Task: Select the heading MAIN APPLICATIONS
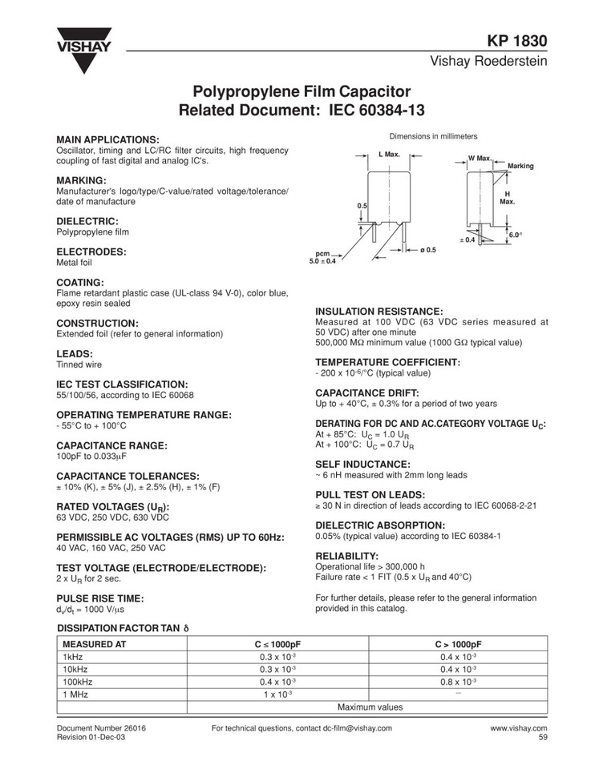[x=107, y=139]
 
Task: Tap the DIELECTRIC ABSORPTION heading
[x=380, y=525]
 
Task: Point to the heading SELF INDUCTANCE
[x=363, y=464]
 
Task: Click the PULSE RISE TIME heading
[x=99, y=598]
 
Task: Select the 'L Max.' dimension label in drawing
[x=389, y=153]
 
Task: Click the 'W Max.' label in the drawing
[x=480, y=158]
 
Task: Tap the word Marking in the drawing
[x=520, y=166]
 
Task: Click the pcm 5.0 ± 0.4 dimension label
[x=322, y=256]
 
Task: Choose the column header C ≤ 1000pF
[x=277, y=643]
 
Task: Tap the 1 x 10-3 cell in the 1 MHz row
[x=277, y=694]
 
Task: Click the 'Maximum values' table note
[x=370, y=707]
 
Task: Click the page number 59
[x=542, y=738]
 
